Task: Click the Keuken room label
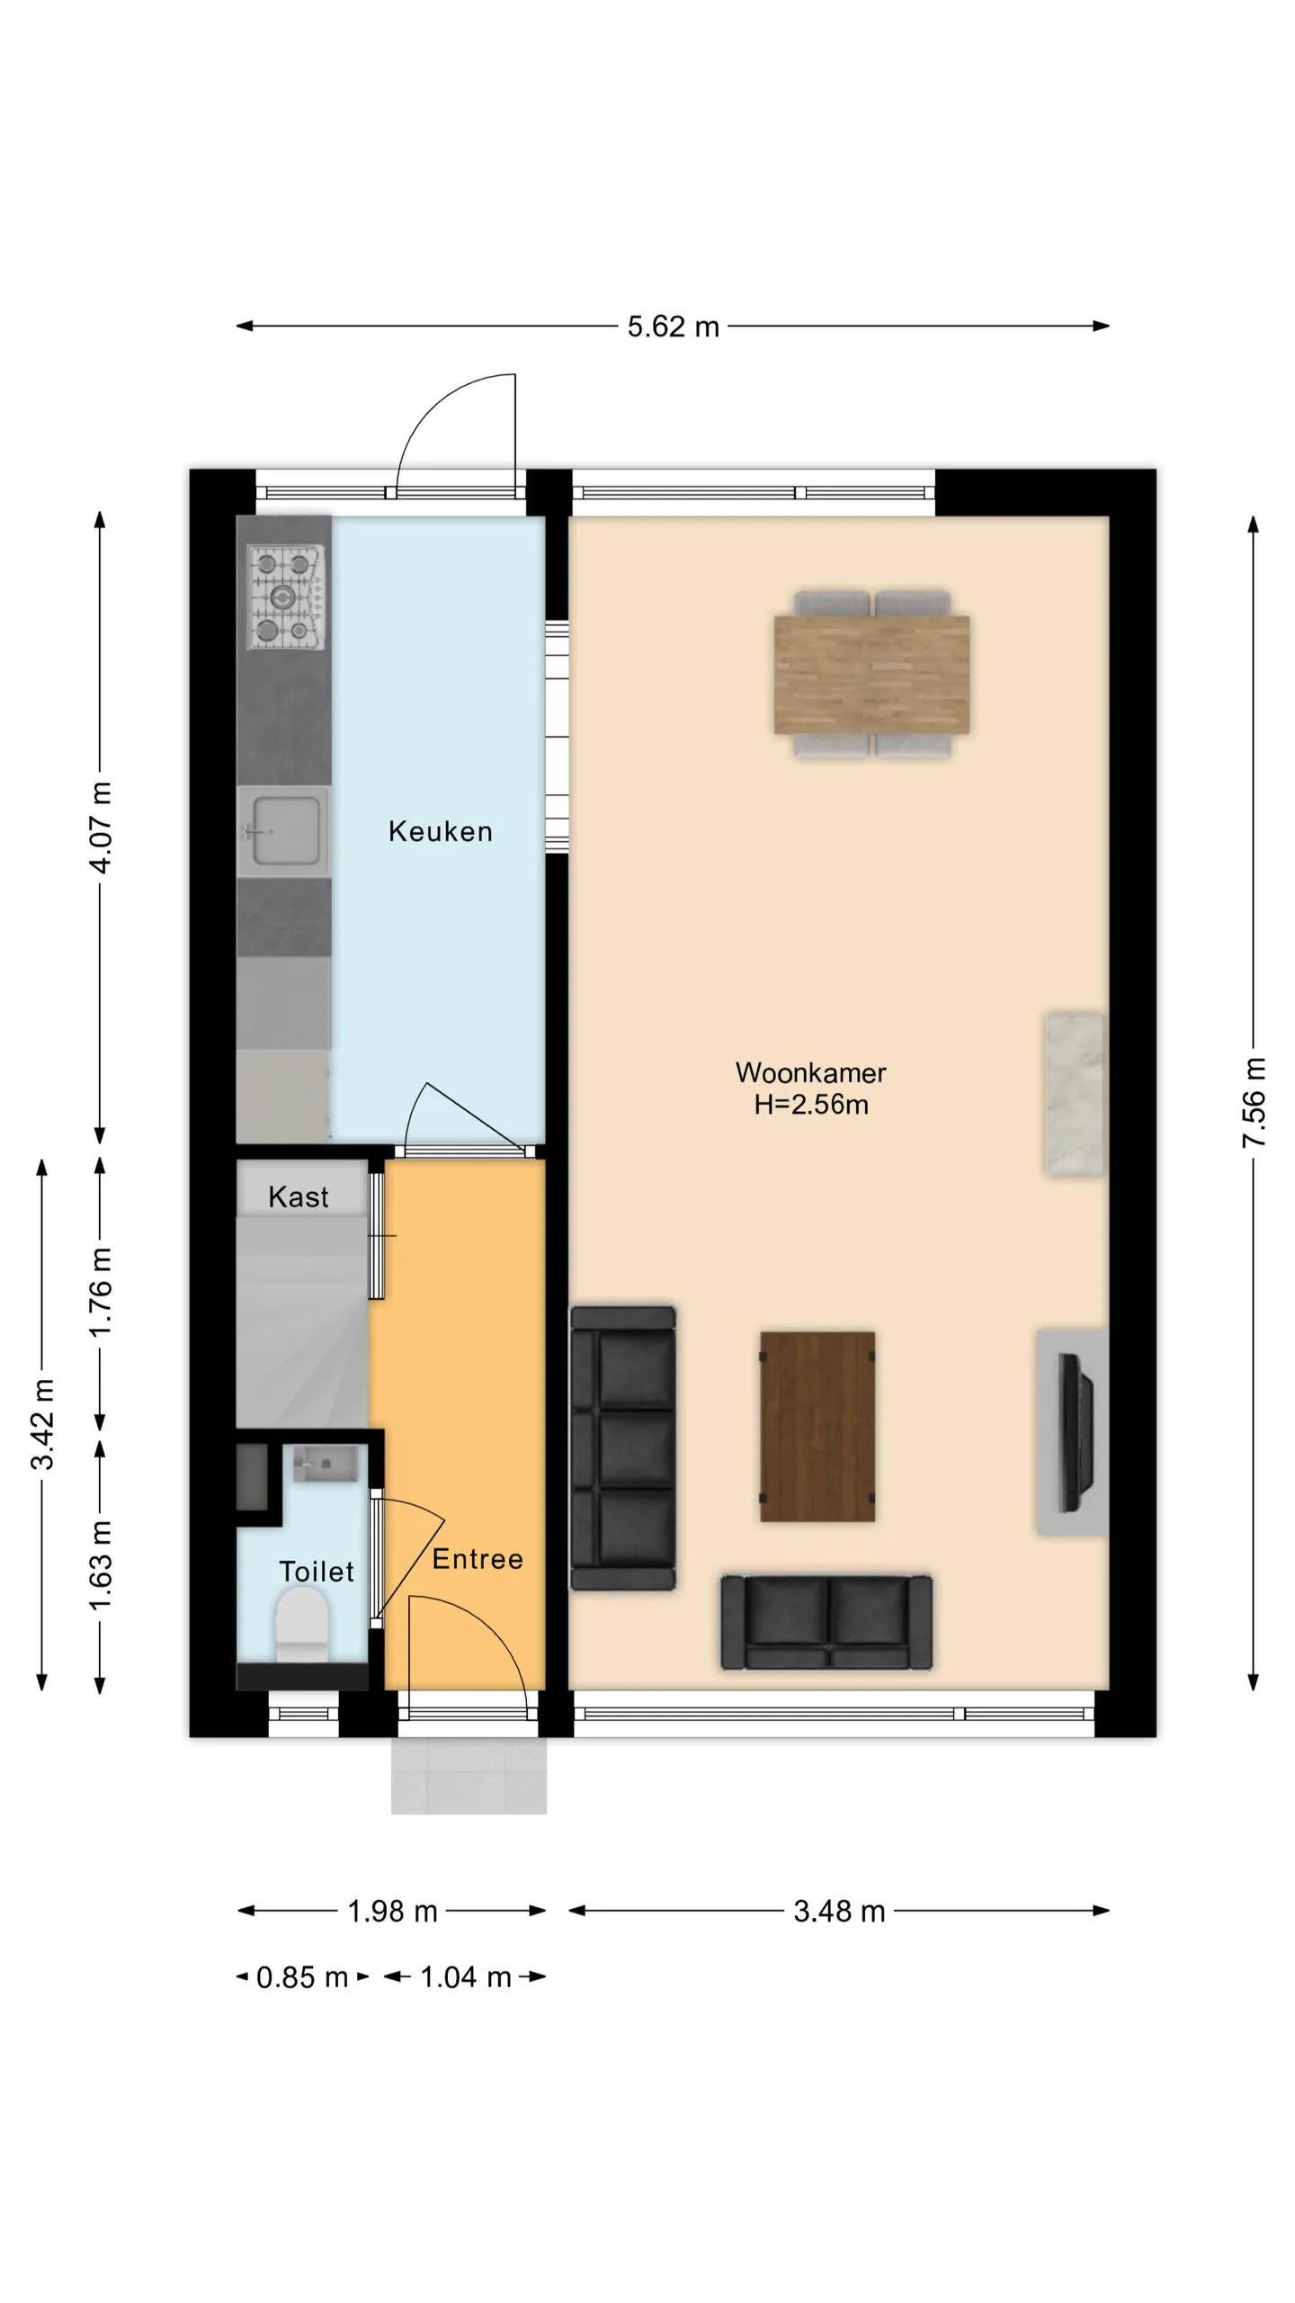click(x=440, y=831)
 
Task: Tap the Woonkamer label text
click(x=810, y=1072)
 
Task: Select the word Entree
click(x=478, y=1559)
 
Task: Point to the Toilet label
click(x=317, y=1572)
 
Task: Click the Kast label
click(x=299, y=1196)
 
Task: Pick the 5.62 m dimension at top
click(x=674, y=327)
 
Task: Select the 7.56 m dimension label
click(x=1254, y=1103)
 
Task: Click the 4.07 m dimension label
click(x=101, y=828)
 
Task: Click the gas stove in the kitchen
click(x=284, y=596)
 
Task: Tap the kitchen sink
click(x=282, y=832)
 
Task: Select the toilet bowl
click(x=301, y=1624)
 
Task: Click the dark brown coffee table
click(x=817, y=1426)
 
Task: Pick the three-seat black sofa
click(x=623, y=1448)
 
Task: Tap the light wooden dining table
click(x=871, y=674)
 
